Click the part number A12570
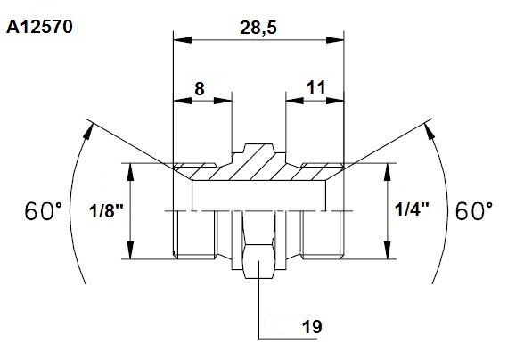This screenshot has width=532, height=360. point(39,27)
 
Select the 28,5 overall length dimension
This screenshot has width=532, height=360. point(258,28)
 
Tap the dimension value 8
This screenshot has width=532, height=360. point(200,89)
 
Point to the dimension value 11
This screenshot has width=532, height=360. point(315,87)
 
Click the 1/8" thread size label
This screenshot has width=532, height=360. point(106,211)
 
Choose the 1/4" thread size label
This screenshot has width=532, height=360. point(412,209)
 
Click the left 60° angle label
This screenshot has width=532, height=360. point(44,210)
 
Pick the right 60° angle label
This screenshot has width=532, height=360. point(474,210)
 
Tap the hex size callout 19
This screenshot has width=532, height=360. point(312,327)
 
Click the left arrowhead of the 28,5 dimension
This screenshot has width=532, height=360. point(182,40)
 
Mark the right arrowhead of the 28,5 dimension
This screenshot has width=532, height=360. point(335,40)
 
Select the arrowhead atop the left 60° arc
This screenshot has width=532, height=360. point(88,131)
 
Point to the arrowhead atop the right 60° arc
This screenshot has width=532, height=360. point(430,131)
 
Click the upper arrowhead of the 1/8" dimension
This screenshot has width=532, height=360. point(130,172)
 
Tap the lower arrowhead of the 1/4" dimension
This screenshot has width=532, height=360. point(388,250)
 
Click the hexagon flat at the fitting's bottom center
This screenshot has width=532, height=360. point(258,261)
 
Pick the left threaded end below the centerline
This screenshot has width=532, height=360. point(194,234)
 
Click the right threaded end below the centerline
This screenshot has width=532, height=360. point(323,234)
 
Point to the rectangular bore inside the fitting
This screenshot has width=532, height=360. point(259,195)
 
